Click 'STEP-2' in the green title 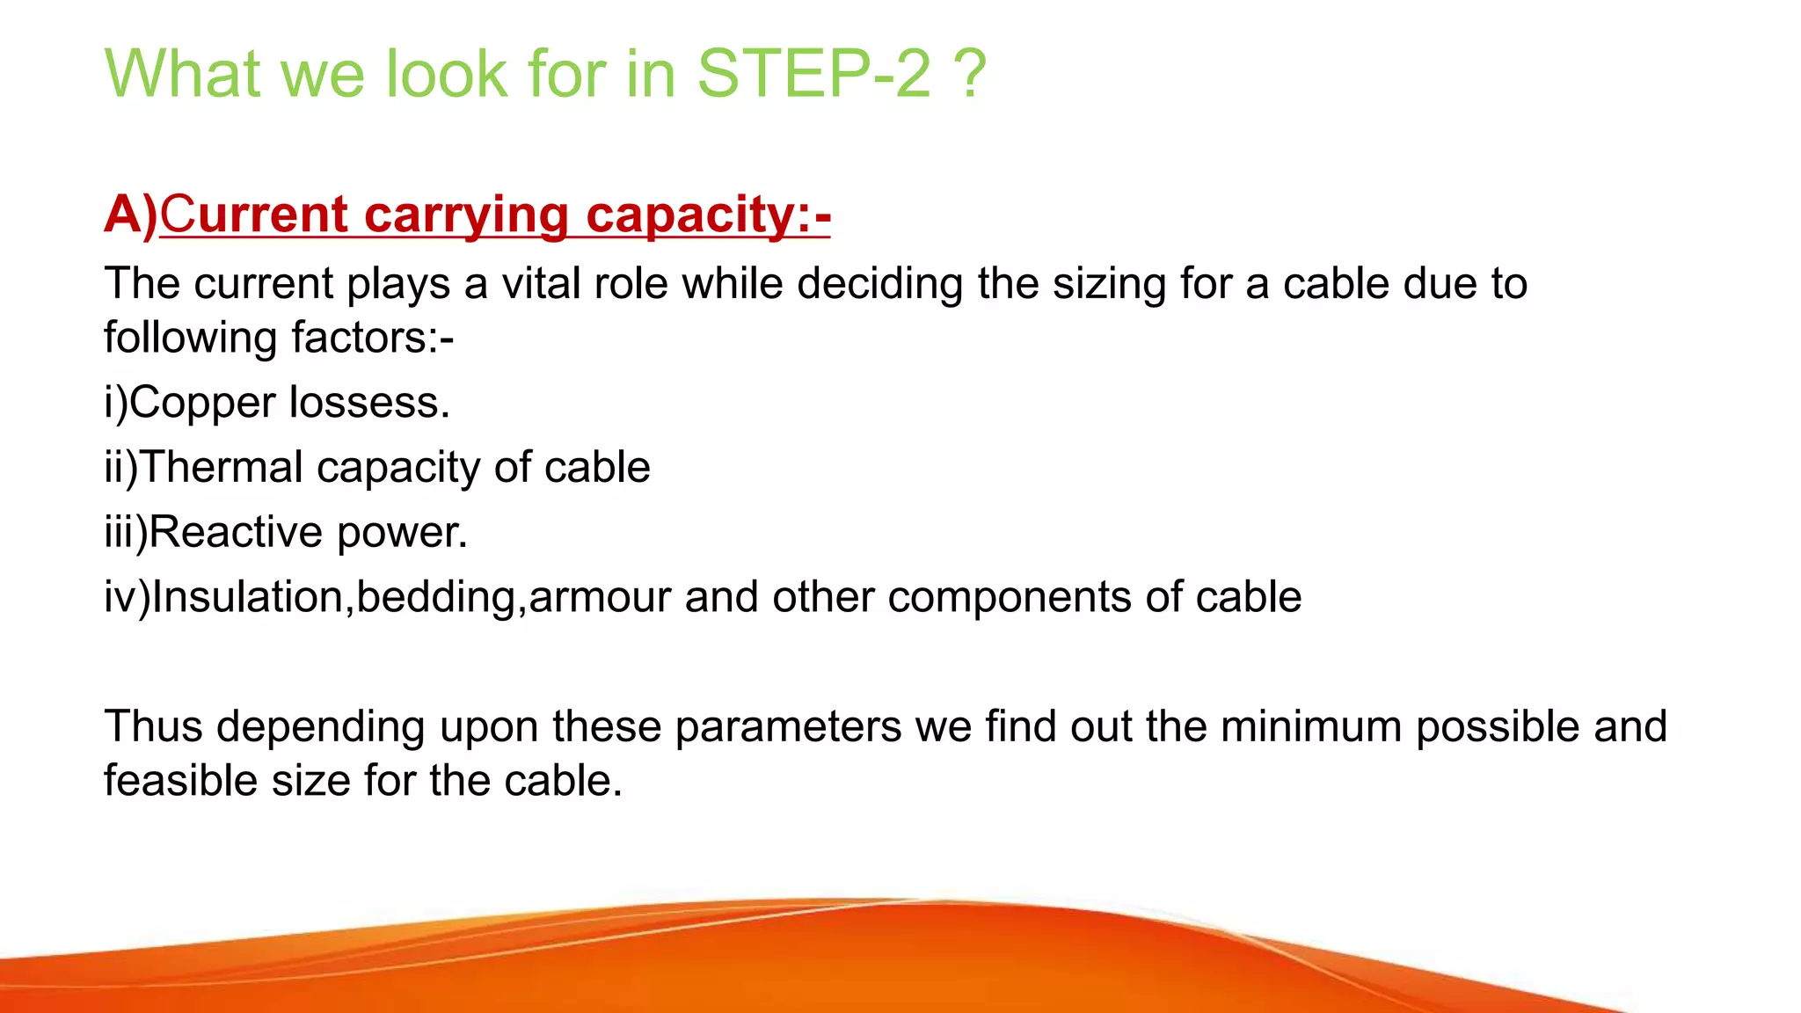pos(813,74)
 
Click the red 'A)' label pos(130,215)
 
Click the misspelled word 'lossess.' pos(369,404)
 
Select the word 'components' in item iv pos(1010,598)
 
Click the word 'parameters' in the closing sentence pos(788,727)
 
